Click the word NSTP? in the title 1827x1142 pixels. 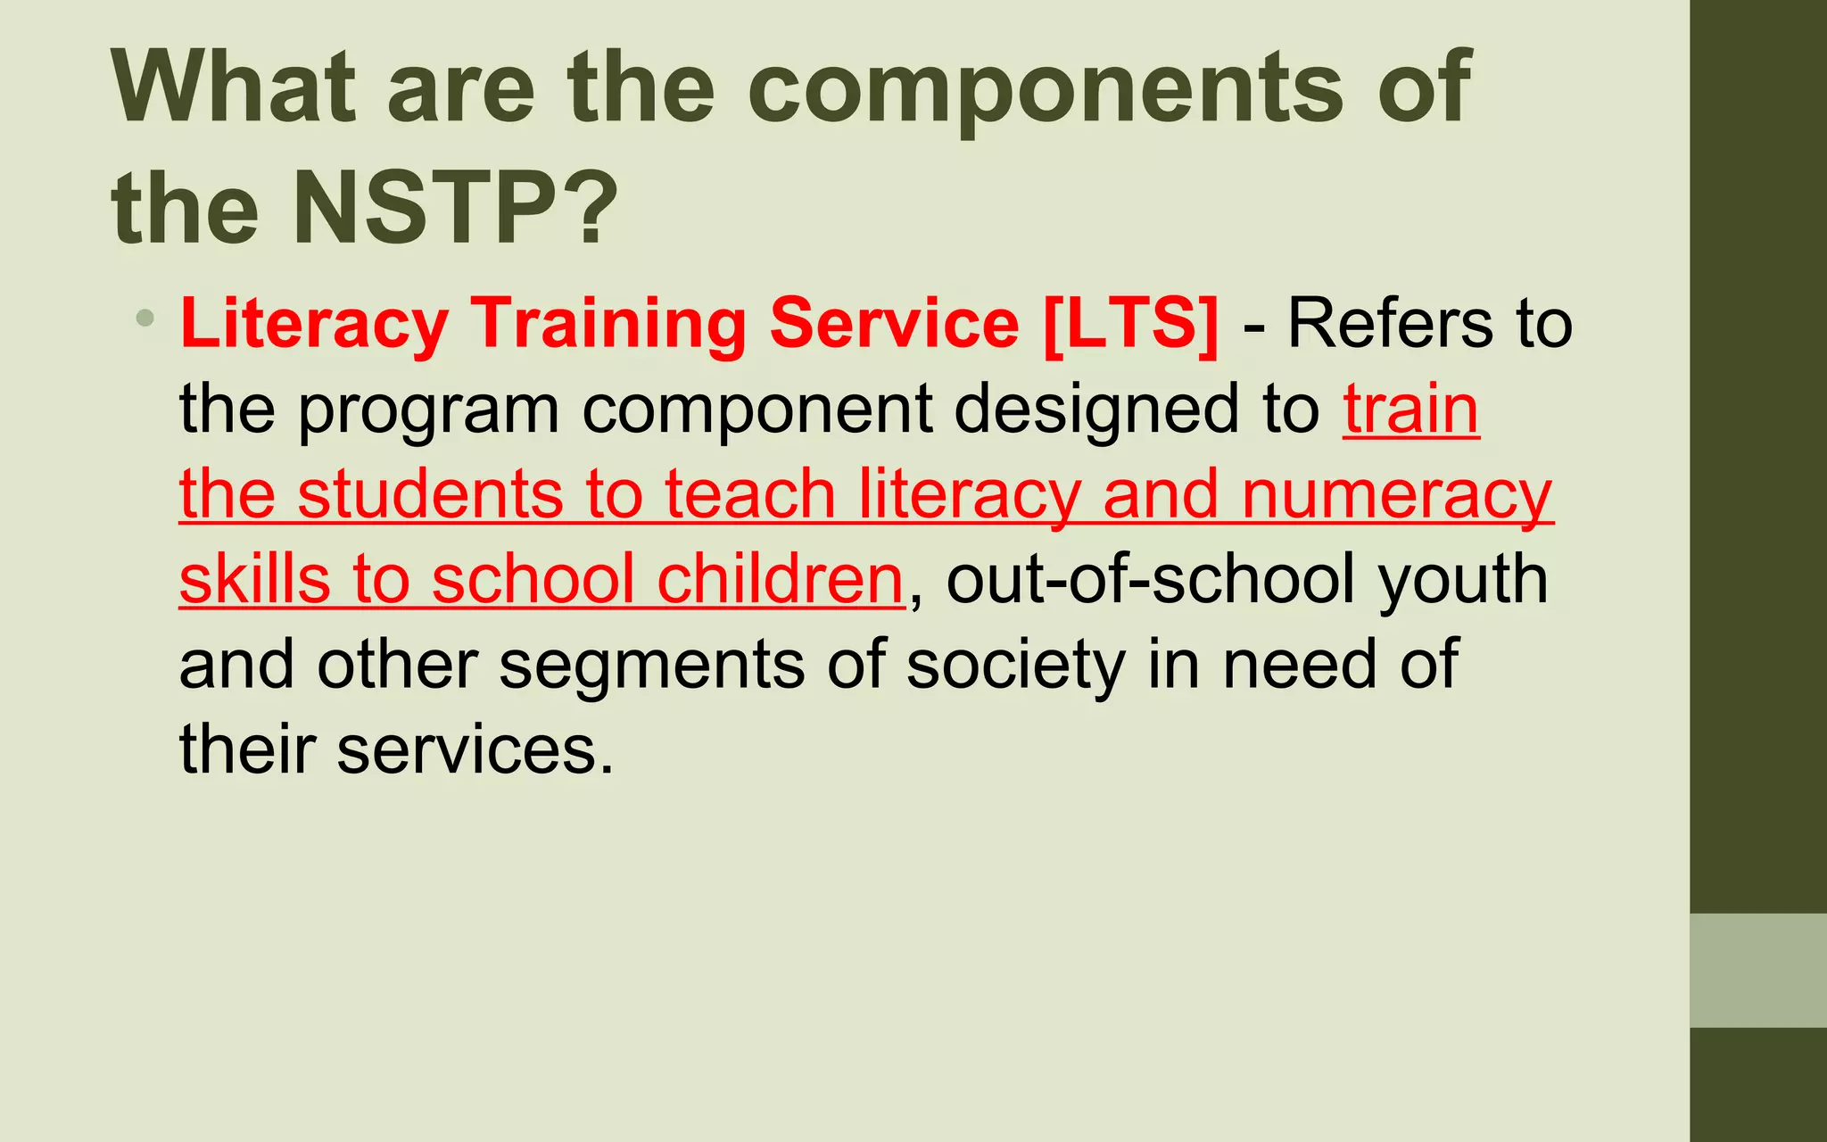(455, 207)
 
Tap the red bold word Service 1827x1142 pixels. (894, 323)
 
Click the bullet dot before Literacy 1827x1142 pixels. (145, 318)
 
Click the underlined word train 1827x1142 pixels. (1411, 409)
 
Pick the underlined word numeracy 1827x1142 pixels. (1397, 494)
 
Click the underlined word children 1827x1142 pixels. (781, 579)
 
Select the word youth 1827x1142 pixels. (1463, 579)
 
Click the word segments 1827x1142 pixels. (651, 665)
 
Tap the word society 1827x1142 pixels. (1016, 665)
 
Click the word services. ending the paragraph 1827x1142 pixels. (475, 749)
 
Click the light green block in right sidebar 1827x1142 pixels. (1757, 970)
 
